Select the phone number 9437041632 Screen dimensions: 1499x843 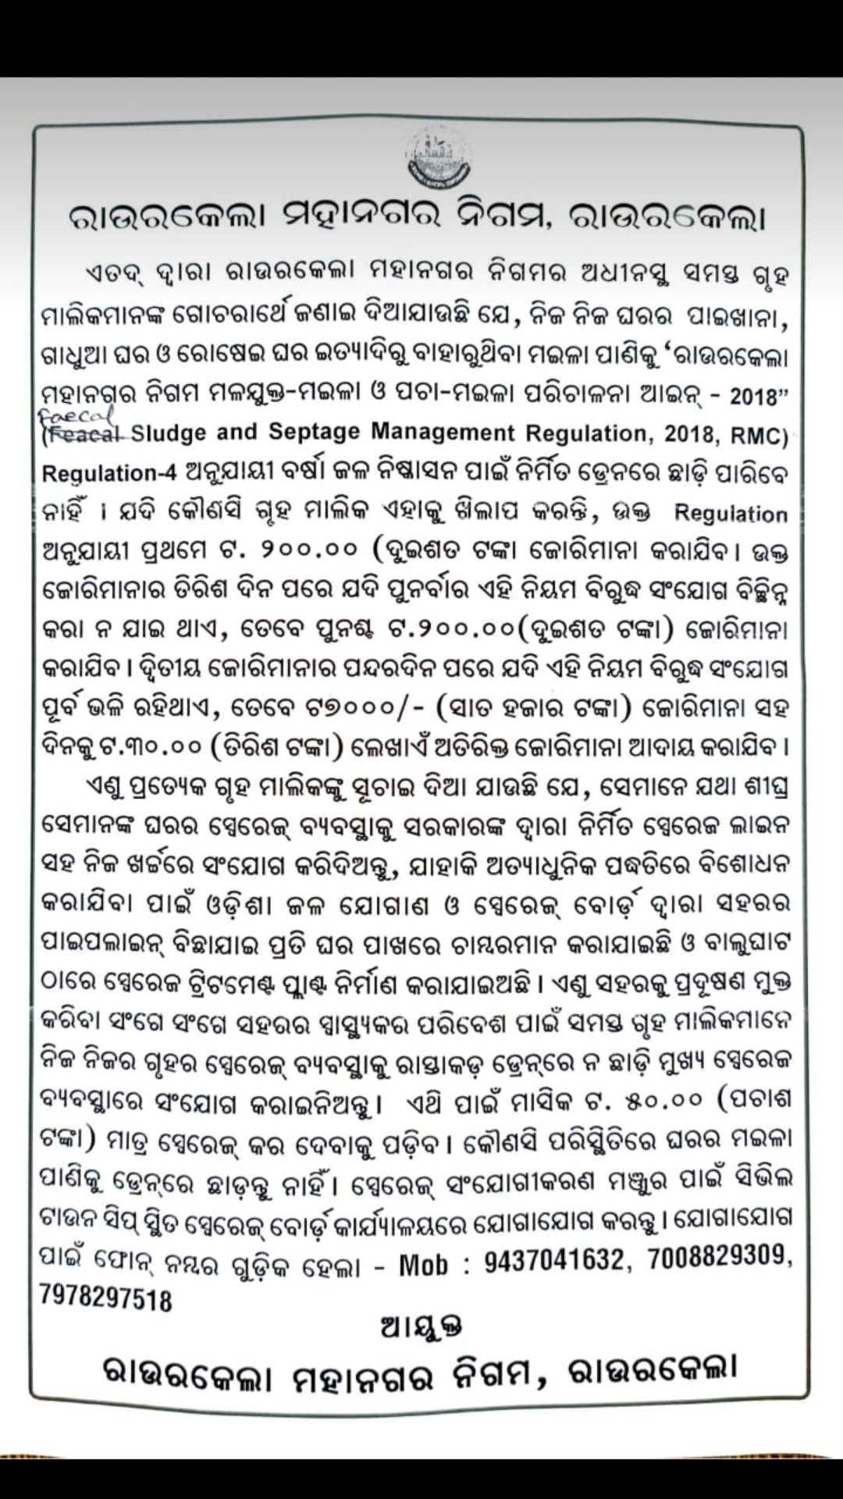[x=555, y=1259]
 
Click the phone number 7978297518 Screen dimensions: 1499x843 [x=106, y=1298]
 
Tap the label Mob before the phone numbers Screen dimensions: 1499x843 [x=425, y=1263]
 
